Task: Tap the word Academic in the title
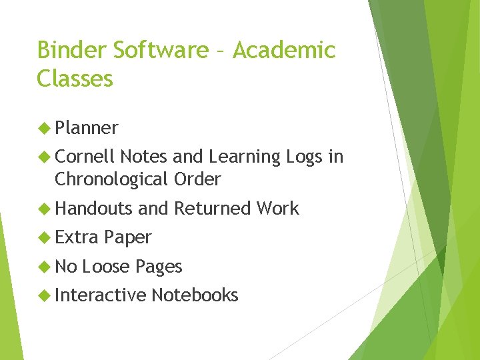285,51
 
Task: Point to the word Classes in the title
75,79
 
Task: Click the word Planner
87,128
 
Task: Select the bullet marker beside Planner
45,128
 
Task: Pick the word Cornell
85,157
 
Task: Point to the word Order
197,179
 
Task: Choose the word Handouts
94,209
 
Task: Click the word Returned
213,209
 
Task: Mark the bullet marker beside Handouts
45,209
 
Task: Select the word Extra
77,237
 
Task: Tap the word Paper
128,238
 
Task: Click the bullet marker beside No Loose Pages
45,267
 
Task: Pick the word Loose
106,267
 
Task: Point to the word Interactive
101,295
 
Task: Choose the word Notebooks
195,295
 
